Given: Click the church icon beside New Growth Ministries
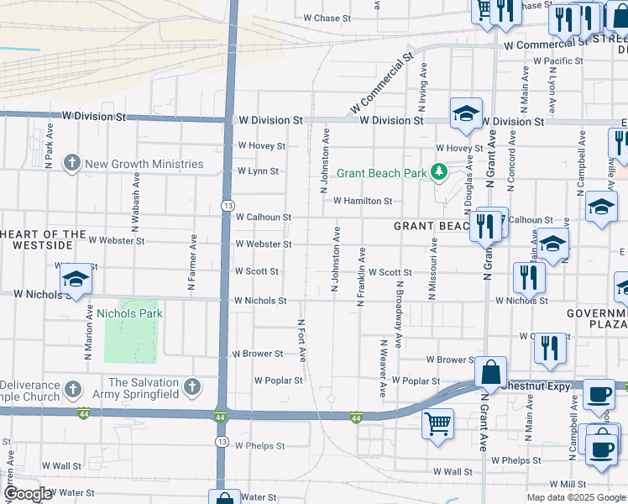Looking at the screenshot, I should tap(72, 163).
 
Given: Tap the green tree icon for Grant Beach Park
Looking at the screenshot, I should tap(437, 172).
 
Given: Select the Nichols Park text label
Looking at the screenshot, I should tap(129, 313).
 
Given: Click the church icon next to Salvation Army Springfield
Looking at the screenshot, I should tap(192, 387).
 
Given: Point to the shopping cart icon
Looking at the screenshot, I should tap(438, 423).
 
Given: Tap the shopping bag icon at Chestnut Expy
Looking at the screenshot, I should tap(490, 372).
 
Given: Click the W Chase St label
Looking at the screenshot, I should tap(327, 18).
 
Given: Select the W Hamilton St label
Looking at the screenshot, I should tap(363, 201).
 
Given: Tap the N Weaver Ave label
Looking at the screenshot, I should tap(382, 367).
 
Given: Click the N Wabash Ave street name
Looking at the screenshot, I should tap(134, 202).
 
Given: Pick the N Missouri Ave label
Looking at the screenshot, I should tap(434, 268).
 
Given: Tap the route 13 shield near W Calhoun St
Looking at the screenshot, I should tap(227, 205).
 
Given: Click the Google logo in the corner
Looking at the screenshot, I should tap(28, 494).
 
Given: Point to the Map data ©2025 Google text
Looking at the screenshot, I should tap(575, 497).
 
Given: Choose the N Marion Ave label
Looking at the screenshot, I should tap(88, 332).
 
